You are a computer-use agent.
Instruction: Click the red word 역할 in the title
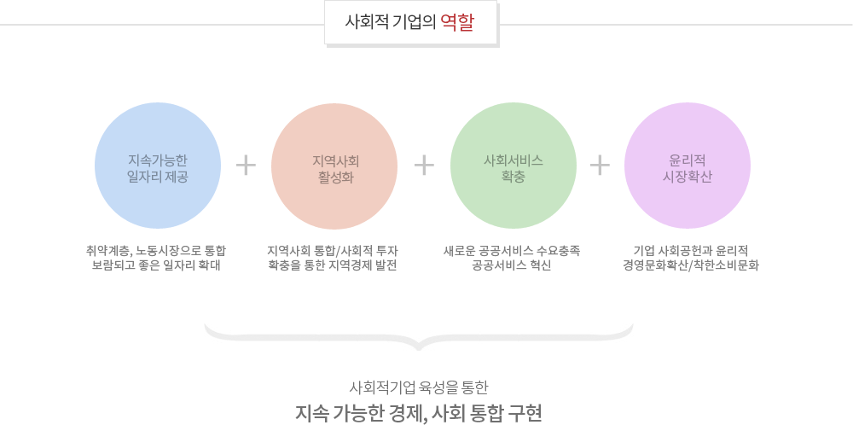coord(458,22)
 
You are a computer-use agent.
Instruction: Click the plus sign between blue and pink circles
coord(246,165)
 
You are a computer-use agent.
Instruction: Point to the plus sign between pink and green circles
coord(424,165)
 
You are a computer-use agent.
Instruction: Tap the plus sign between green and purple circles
coord(600,165)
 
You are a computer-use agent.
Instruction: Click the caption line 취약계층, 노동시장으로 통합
coord(156,250)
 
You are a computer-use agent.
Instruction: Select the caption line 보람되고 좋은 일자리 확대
coord(156,265)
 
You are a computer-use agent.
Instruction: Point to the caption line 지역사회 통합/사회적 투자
coord(333,250)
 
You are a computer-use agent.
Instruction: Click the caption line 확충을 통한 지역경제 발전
coord(333,265)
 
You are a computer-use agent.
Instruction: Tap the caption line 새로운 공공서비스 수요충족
coord(512,250)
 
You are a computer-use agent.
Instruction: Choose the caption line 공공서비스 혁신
coord(512,265)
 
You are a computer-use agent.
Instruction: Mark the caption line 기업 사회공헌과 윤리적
coord(691,250)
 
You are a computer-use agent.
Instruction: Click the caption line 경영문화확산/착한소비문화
coord(691,265)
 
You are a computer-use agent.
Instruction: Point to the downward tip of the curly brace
coord(418,346)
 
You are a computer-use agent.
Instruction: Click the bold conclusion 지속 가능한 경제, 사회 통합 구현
coord(418,412)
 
